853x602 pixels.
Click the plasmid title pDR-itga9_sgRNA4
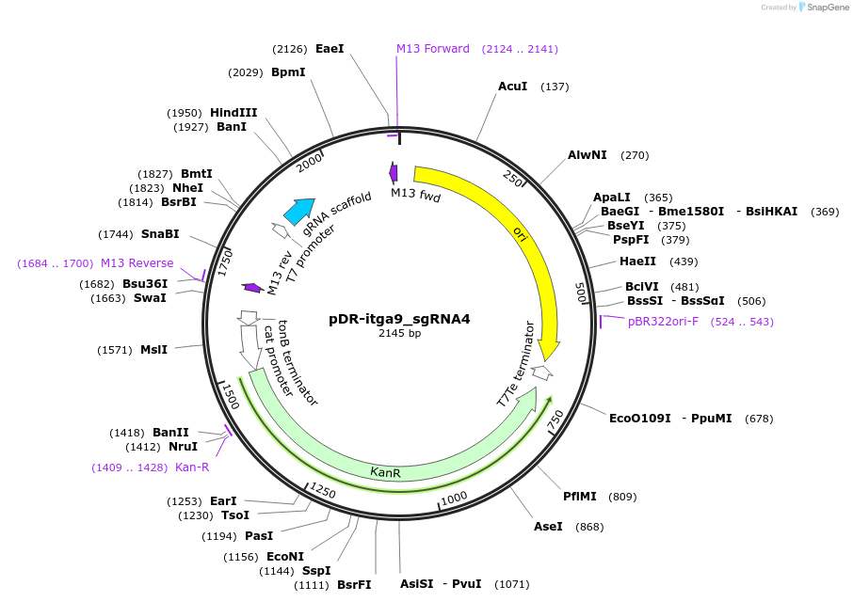[399, 319]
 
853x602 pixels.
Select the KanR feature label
[385, 472]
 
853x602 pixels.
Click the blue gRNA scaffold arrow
[299, 212]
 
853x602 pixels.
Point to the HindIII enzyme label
[233, 113]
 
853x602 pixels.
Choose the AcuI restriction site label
[512, 87]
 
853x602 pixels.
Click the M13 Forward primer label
[432, 49]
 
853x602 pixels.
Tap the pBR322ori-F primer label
[663, 322]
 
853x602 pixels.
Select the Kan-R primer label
[192, 467]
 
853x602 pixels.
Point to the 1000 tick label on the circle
[454, 497]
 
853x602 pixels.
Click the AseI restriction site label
[548, 526]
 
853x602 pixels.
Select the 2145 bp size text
[399, 333]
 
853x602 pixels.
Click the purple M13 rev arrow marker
[252, 288]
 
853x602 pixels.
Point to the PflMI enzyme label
[580, 496]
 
